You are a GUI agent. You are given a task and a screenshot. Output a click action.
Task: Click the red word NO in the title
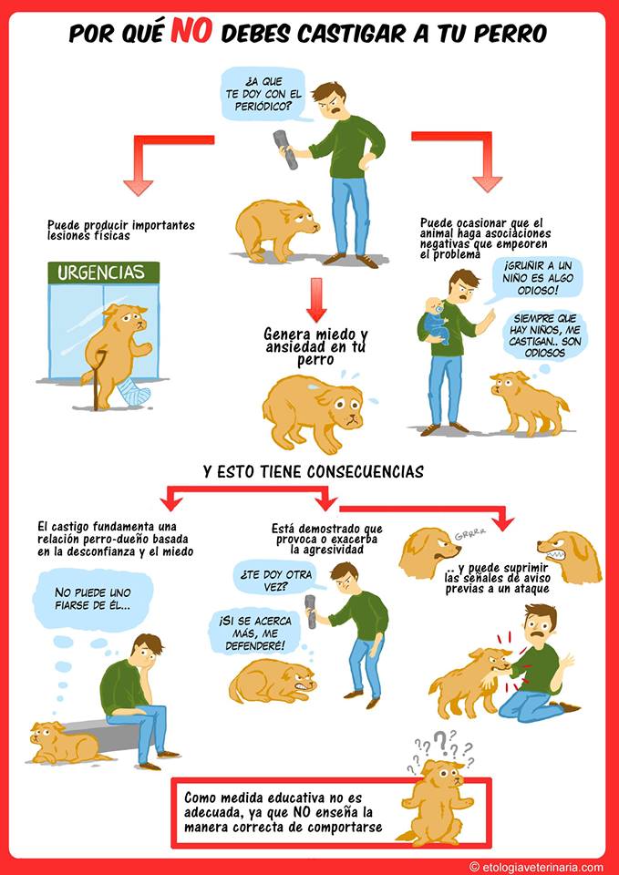[x=191, y=32]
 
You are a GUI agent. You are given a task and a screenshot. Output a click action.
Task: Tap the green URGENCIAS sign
[x=104, y=273]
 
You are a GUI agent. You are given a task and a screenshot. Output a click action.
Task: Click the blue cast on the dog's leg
[x=131, y=391]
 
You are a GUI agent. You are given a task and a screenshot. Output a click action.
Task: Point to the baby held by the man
[x=434, y=319]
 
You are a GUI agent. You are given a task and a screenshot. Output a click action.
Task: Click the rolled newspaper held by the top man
[x=285, y=149]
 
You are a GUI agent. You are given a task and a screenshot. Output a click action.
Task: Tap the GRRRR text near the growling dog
[x=469, y=535]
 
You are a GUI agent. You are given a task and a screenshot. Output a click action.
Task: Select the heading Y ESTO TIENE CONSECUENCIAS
[x=314, y=472]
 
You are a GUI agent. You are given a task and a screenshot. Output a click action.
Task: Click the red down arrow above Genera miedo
[x=316, y=300]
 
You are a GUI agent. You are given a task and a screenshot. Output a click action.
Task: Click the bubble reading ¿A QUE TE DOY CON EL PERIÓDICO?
[x=263, y=94]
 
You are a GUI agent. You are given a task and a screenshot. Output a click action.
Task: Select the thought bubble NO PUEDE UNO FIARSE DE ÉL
[x=93, y=599]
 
